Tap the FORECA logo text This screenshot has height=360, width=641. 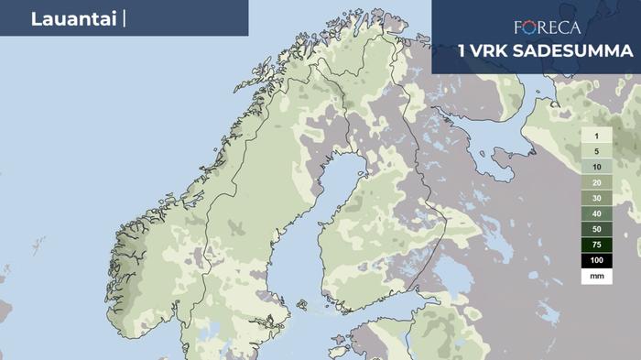coord(547,27)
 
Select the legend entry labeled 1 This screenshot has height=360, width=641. coord(596,136)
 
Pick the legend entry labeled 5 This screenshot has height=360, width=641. coord(596,151)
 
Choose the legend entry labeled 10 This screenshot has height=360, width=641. coord(596,167)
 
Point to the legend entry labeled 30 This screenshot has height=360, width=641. coord(596,198)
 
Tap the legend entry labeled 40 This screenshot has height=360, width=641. coord(596,213)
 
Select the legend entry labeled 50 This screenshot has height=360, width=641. coord(596,229)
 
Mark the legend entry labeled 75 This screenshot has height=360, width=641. coord(596,245)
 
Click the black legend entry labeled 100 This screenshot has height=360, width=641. coord(596,261)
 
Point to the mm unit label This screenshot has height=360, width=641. coord(596,276)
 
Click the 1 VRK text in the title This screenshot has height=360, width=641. coord(483,50)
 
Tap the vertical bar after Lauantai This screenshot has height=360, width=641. coord(122,19)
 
